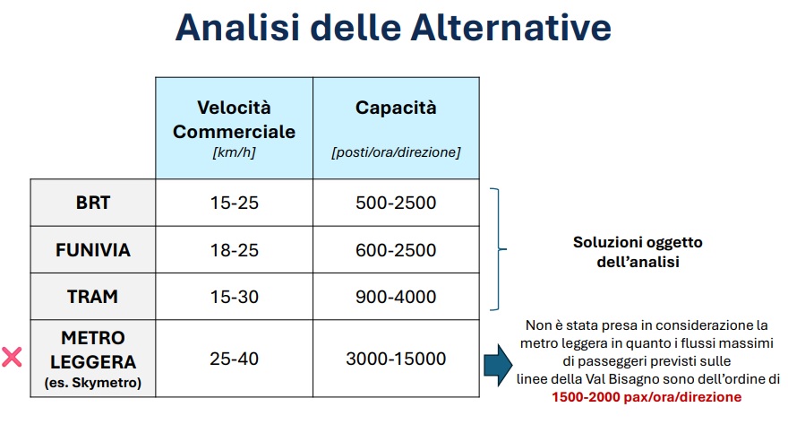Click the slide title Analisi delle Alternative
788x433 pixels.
tap(393, 27)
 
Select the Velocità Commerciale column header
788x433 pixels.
tap(235, 120)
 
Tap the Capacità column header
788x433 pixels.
tap(396, 108)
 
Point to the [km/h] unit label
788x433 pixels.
tap(235, 152)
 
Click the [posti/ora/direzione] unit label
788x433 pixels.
tap(396, 152)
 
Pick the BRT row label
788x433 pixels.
tap(93, 203)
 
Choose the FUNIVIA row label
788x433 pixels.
tap(93, 250)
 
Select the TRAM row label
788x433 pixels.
tap(93, 297)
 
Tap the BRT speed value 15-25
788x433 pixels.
tap(235, 203)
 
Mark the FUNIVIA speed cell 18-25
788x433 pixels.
tap(235, 250)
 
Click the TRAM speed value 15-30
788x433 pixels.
tap(235, 297)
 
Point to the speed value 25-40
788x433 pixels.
tap(235, 359)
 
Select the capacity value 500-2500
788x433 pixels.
tap(396, 203)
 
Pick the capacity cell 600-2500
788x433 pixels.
tap(396, 250)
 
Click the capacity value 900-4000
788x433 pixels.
tap(396, 297)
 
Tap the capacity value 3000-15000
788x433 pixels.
tap(396, 359)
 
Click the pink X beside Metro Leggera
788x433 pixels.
tap(12, 357)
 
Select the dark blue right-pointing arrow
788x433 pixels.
tap(498, 365)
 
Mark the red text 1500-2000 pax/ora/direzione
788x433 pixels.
tap(647, 397)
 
